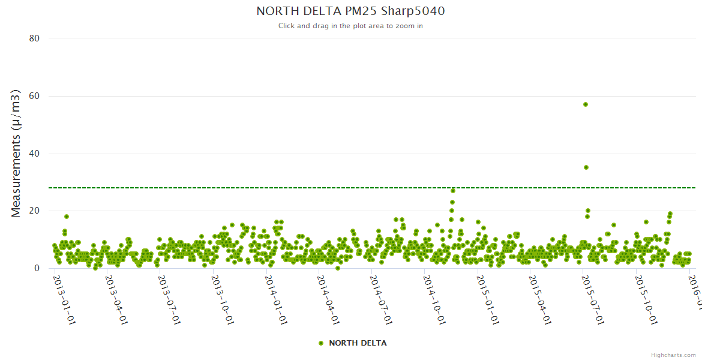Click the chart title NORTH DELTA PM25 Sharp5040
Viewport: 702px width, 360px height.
pyautogui.click(x=350, y=11)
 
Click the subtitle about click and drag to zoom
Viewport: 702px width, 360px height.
pyautogui.click(x=350, y=26)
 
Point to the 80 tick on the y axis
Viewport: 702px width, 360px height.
pyautogui.click(x=34, y=38)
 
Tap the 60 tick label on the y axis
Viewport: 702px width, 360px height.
pyautogui.click(x=34, y=96)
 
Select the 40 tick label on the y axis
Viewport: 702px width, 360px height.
pyautogui.click(x=34, y=154)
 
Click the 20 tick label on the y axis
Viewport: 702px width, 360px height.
pyautogui.click(x=34, y=211)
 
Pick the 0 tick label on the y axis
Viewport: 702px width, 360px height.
pyautogui.click(x=37, y=268)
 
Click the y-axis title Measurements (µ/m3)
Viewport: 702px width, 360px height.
pyautogui.click(x=16, y=153)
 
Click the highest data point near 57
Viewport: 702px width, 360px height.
pyautogui.click(x=586, y=104)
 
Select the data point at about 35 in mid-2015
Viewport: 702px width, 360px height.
pyautogui.click(x=586, y=167)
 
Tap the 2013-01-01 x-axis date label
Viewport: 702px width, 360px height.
pyautogui.click(x=64, y=299)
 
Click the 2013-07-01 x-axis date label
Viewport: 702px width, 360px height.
pyautogui.click(x=169, y=299)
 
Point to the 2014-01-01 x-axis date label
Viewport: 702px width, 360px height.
pyautogui.click(x=275, y=299)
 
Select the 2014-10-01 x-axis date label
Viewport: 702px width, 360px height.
pyautogui.click(x=434, y=299)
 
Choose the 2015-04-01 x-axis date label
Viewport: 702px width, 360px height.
pyautogui.click(x=539, y=299)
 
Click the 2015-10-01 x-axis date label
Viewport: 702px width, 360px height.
pyautogui.click(x=646, y=299)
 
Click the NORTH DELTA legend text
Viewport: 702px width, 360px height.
pyautogui.click(x=358, y=343)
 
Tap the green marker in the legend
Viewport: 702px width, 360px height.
pyautogui.click(x=321, y=343)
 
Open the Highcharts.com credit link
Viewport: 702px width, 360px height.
pyautogui.click(x=673, y=355)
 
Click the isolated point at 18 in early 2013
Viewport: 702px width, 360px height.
pyautogui.click(x=67, y=217)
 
